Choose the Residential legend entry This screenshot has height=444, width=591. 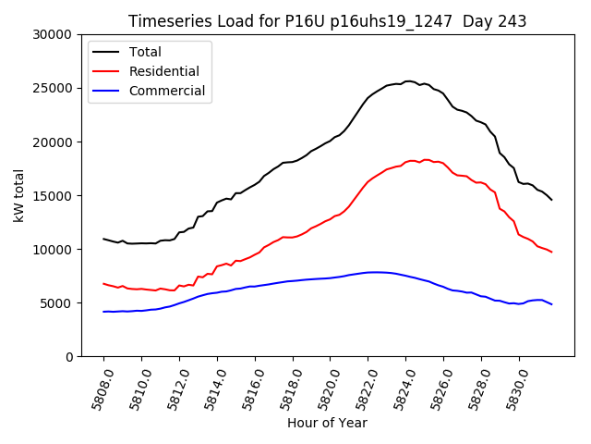click(x=163, y=71)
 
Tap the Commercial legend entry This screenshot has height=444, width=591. click(x=167, y=91)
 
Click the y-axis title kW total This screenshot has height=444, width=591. click(x=18, y=195)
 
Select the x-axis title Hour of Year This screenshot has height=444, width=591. click(x=327, y=423)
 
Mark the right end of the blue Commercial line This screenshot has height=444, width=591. click(x=551, y=304)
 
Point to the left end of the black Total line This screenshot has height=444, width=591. click(x=103, y=239)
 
